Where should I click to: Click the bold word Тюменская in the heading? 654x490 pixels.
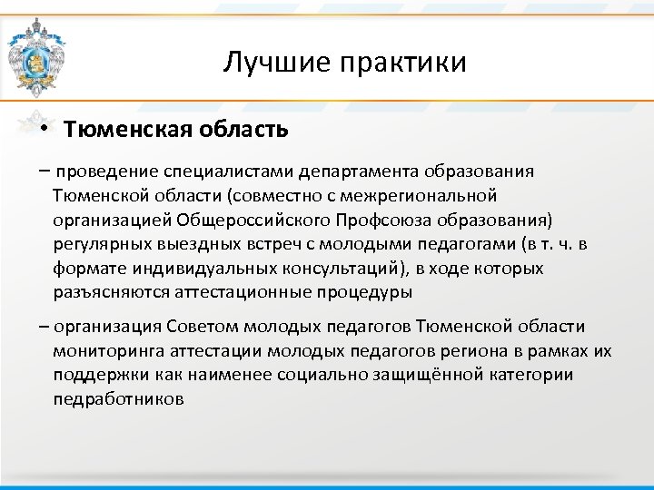click(x=127, y=129)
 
